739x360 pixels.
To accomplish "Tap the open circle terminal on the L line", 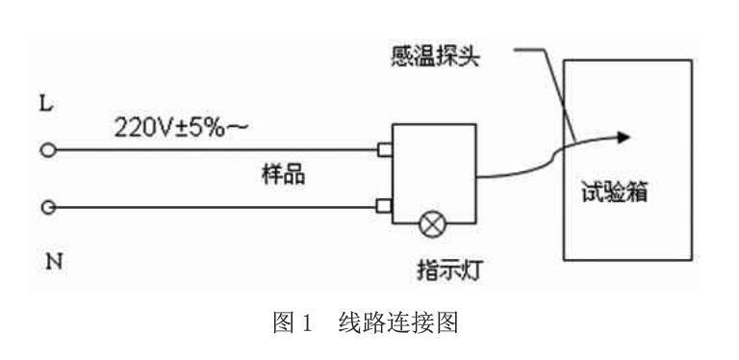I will pyautogui.click(x=45, y=150).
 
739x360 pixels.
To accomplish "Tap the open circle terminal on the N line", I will pyautogui.click(x=45, y=206).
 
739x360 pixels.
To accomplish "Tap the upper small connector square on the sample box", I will pyautogui.click(x=384, y=150).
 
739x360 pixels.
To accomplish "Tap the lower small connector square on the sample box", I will pyautogui.click(x=384, y=205).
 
